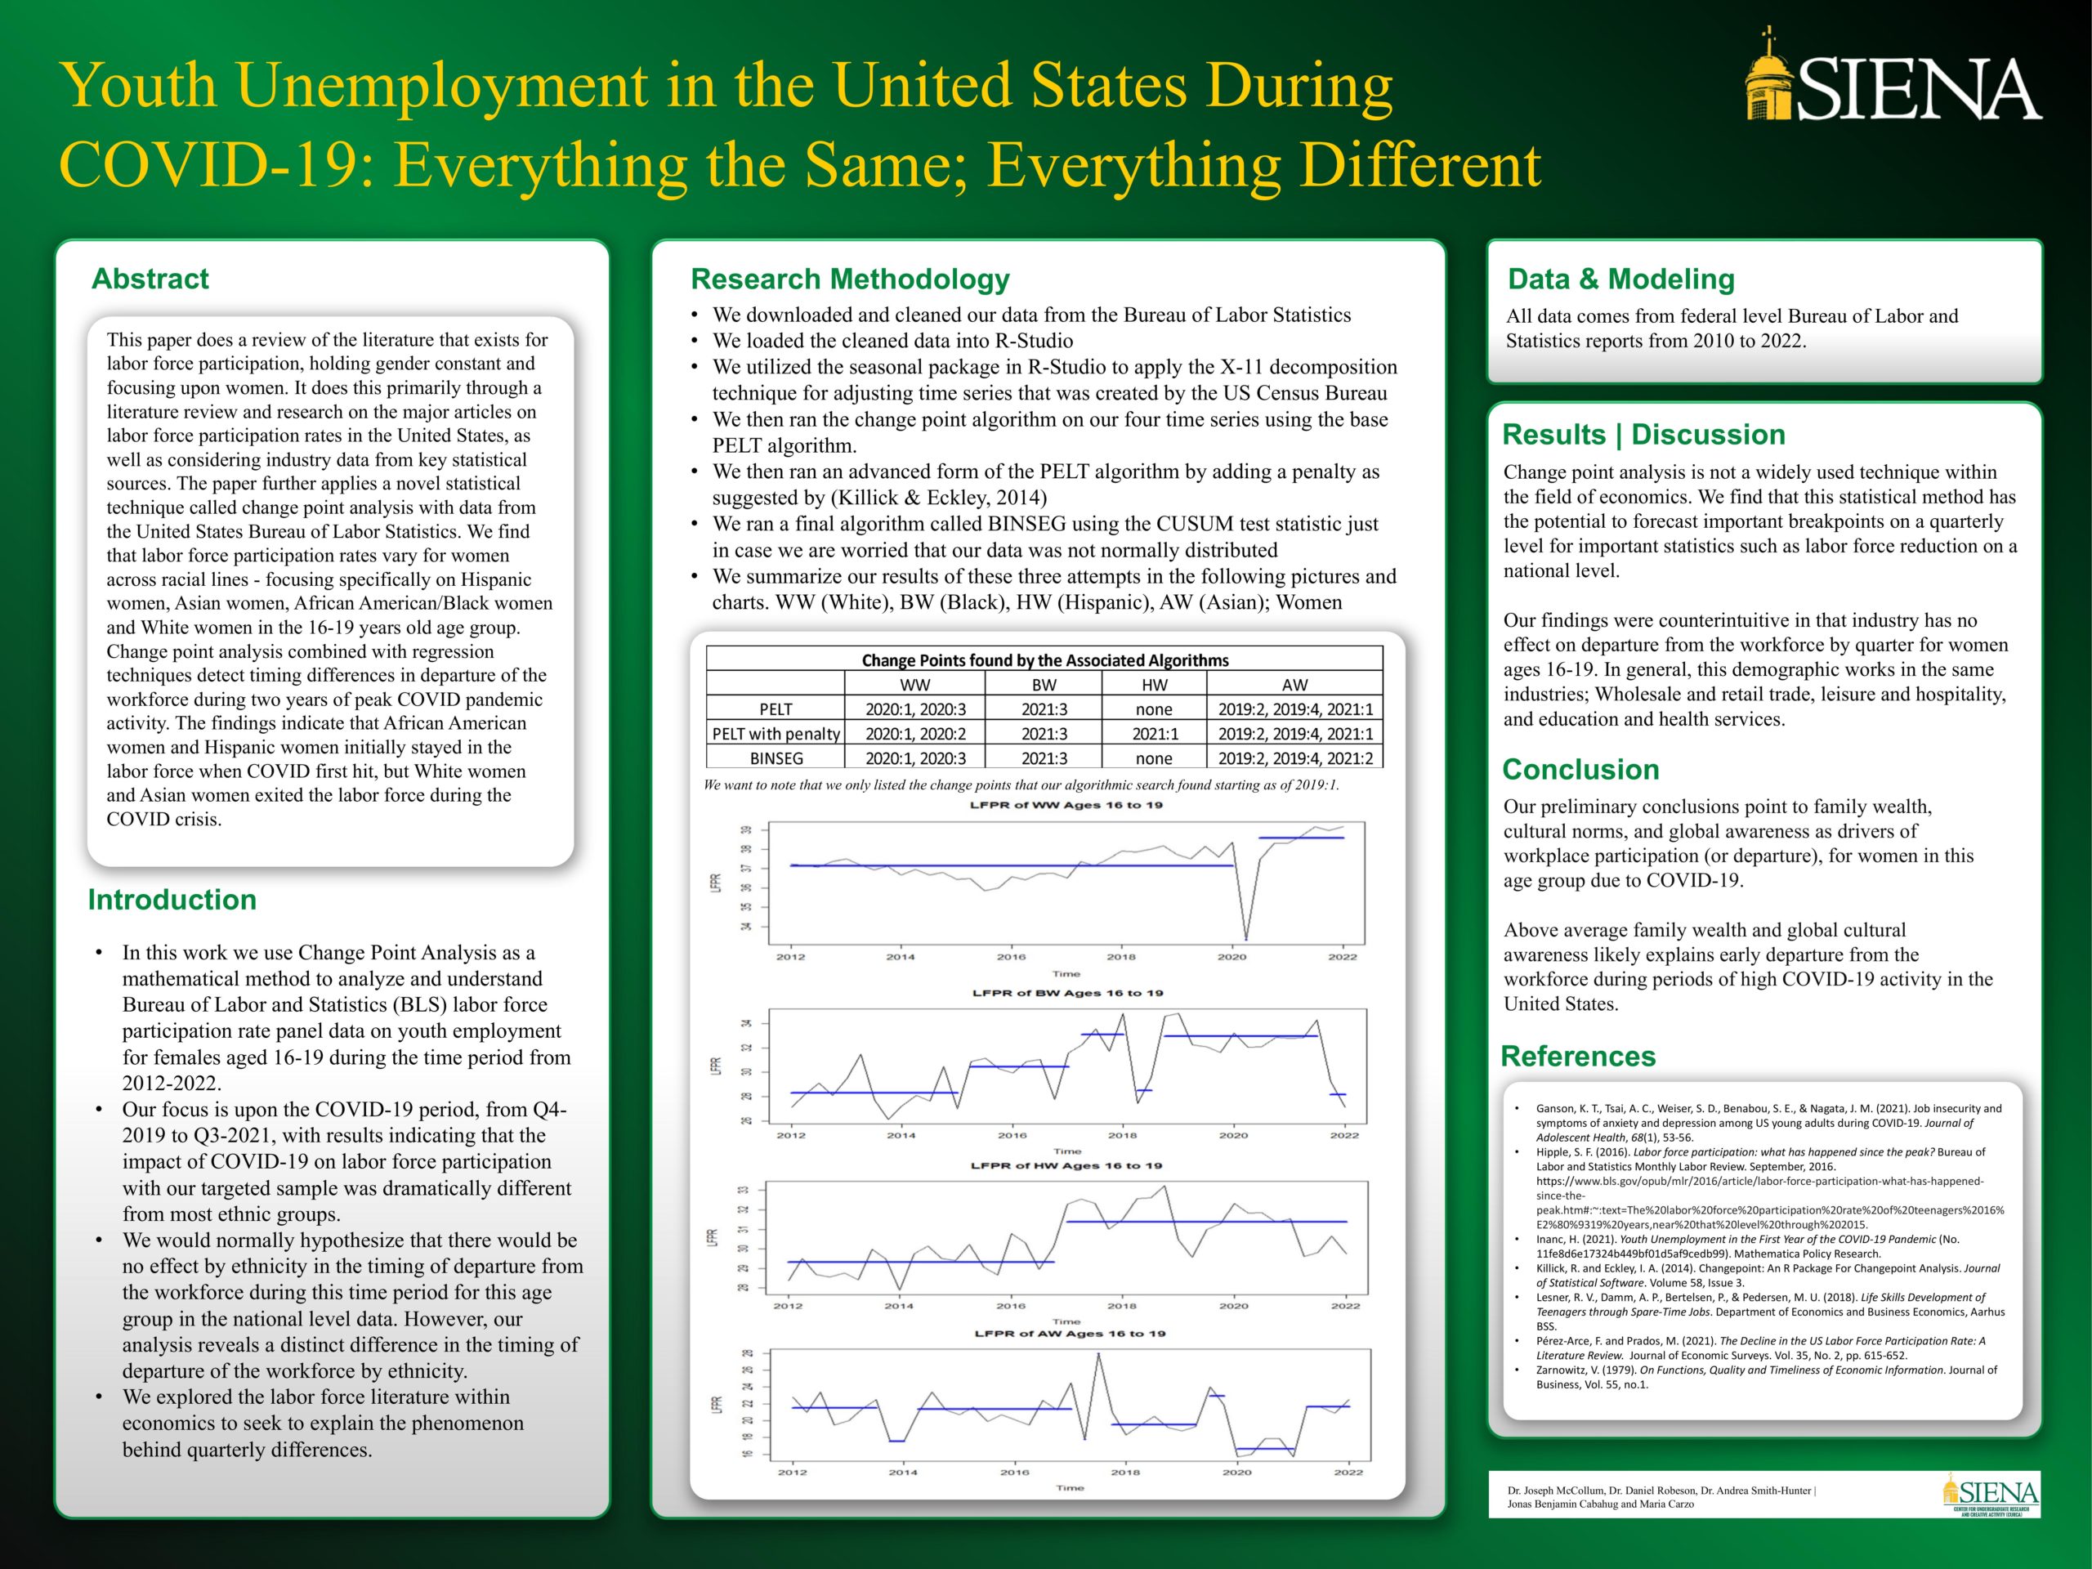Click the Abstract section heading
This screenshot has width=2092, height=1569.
point(150,279)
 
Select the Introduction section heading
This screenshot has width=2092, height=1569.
point(172,900)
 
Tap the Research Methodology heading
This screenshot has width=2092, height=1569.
point(849,279)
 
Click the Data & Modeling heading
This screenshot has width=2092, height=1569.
point(1621,279)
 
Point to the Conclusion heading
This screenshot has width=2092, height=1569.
point(1580,770)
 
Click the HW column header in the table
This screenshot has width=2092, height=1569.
point(1154,685)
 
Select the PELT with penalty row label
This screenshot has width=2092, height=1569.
point(776,734)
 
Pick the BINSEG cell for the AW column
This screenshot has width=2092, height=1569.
point(1294,758)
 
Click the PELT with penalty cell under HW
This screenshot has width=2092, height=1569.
point(1154,734)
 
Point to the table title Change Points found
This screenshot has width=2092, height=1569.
point(1044,660)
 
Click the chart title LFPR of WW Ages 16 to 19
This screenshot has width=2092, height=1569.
point(1066,806)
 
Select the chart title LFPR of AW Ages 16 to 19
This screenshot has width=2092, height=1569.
point(1070,1334)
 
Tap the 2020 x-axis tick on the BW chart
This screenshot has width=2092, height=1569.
point(1233,1135)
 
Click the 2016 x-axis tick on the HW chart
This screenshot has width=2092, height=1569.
point(1010,1306)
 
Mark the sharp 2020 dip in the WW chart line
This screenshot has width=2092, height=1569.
point(1245,938)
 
